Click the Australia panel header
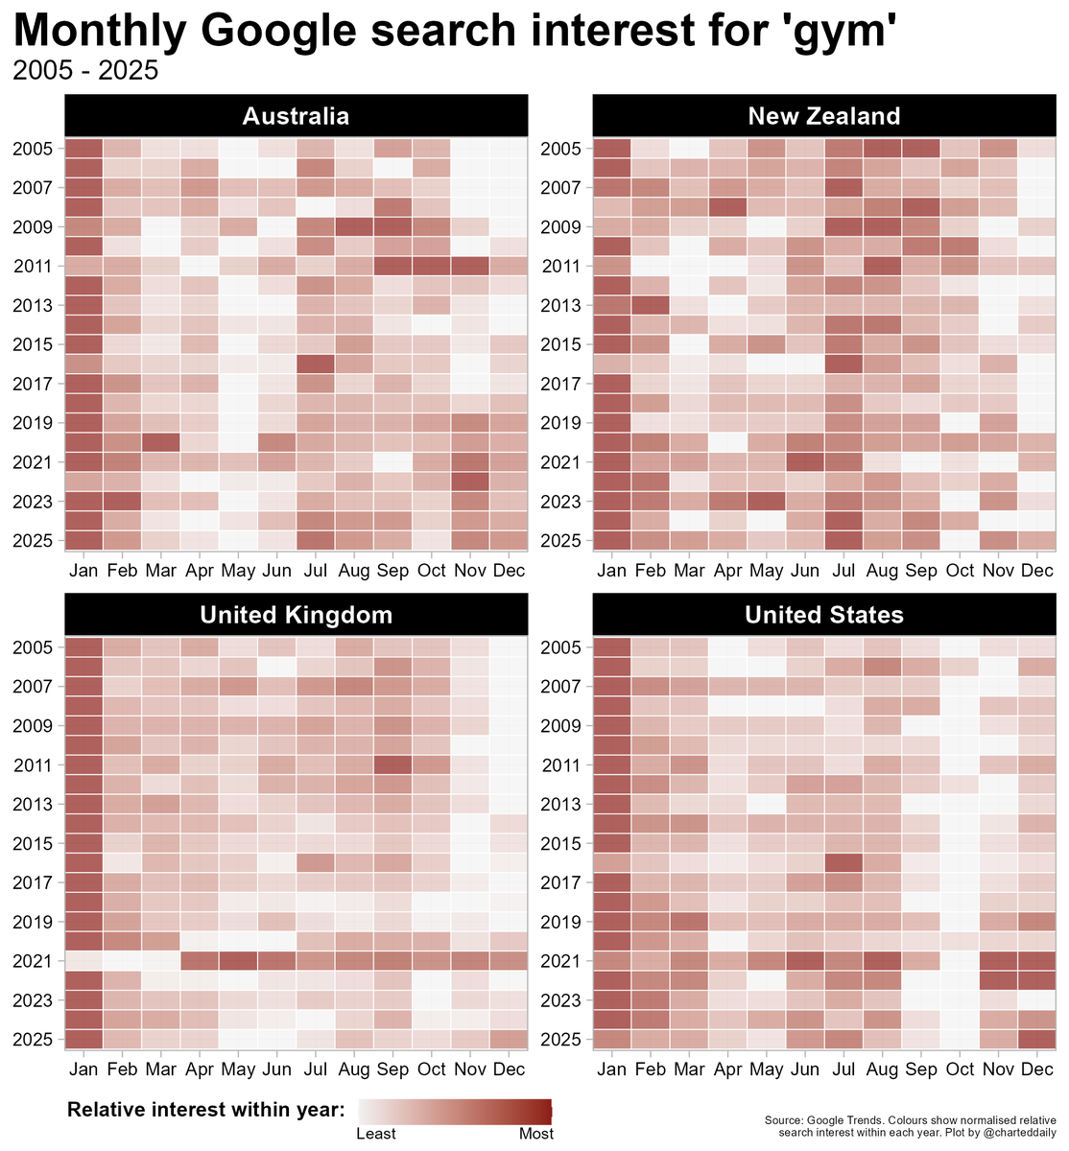(296, 116)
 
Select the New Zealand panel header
(824, 116)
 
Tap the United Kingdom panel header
(296, 615)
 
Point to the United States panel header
(824, 615)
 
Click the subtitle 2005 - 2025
(85, 72)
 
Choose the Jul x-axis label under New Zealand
(843, 571)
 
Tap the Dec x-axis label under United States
(1037, 1069)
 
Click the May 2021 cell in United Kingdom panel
(238, 961)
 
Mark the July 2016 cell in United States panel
(843, 862)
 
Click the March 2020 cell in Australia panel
(161, 442)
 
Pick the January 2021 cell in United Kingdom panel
(83, 961)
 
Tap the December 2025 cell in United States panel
(1037, 1039)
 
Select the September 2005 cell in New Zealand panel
(921, 149)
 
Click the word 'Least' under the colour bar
(376, 1134)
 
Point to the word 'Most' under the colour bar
(536, 1134)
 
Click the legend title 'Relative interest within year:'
(206, 1110)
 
